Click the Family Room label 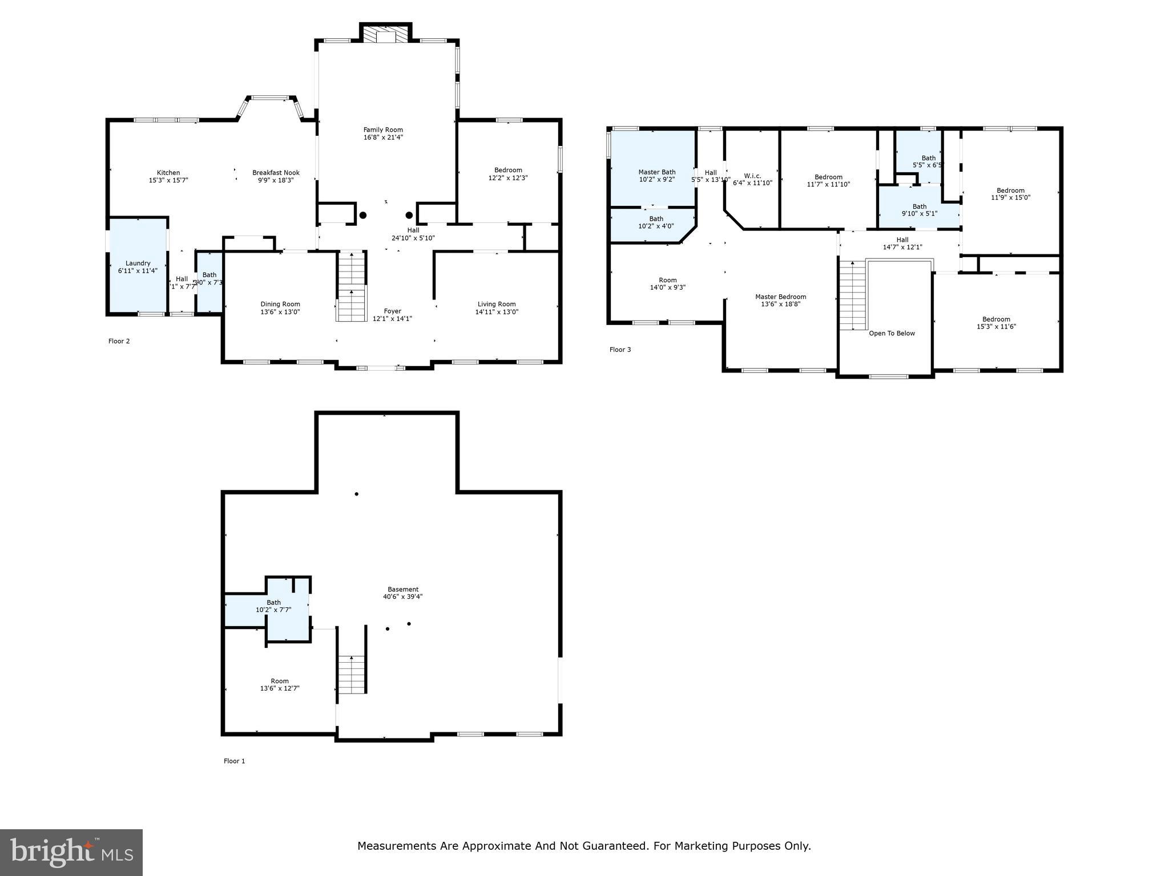click(x=383, y=130)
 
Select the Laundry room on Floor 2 click(x=138, y=266)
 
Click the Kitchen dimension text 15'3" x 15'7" click(x=168, y=180)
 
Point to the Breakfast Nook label click(x=276, y=173)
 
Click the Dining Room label click(x=280, y=305)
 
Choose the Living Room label click(x=497, y=305)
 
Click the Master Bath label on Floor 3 click(x=656, y=172)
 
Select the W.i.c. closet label click(x=752, y=176)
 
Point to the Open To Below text click(x=892, y=334)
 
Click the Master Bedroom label click(x=780, y=297)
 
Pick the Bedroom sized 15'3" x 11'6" click(x=996, y=323)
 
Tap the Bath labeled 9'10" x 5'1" click(x=919, y=210)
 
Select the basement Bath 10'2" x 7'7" click(x=273, y=606)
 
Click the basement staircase click(x=351, y=674)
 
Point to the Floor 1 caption click(x=234, y=761)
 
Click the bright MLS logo click(x=71, y=852)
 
